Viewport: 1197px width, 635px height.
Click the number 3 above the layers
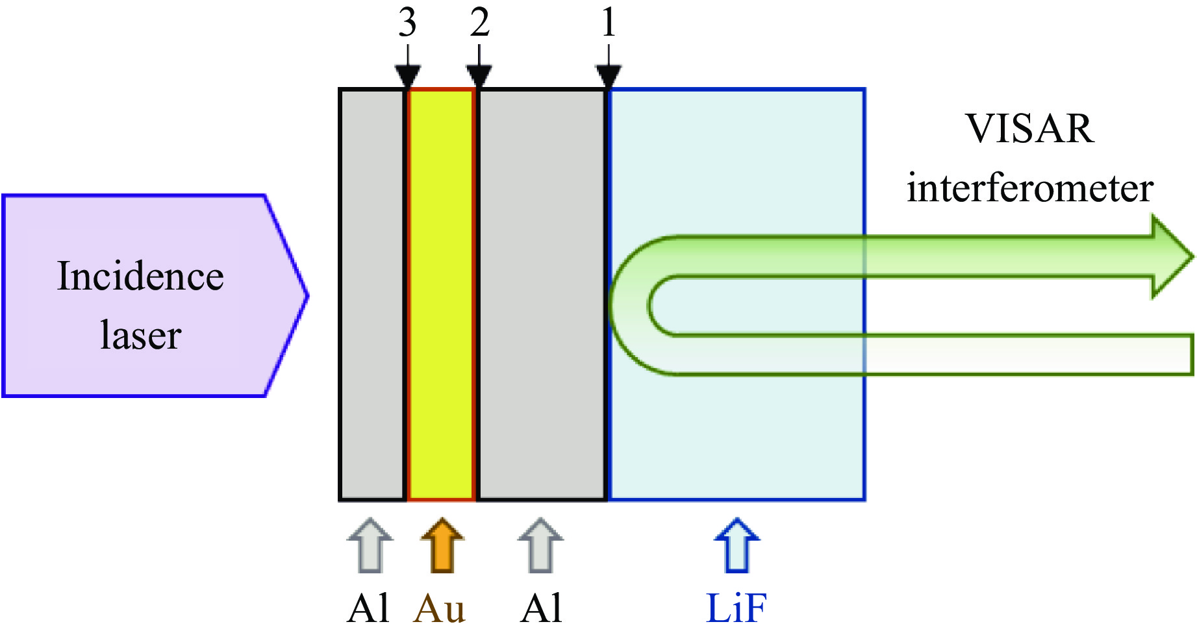tap(407, 23)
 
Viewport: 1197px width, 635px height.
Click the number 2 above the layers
tap(479, 23)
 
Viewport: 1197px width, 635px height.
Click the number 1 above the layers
tap(608, 23)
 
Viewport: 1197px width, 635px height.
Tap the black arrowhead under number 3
tap(407, 75)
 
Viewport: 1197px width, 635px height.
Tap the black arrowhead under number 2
tap(479, 75)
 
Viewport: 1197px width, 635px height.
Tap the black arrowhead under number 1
tap(609, 75)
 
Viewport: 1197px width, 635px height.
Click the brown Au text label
tap(439, 609)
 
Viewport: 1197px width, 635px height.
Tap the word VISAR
tap(1029, 129)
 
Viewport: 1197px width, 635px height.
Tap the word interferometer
tap(1030, 188)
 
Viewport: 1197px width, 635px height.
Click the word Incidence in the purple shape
tap(140, 277)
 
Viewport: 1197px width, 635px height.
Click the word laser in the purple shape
tap(140, 336)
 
